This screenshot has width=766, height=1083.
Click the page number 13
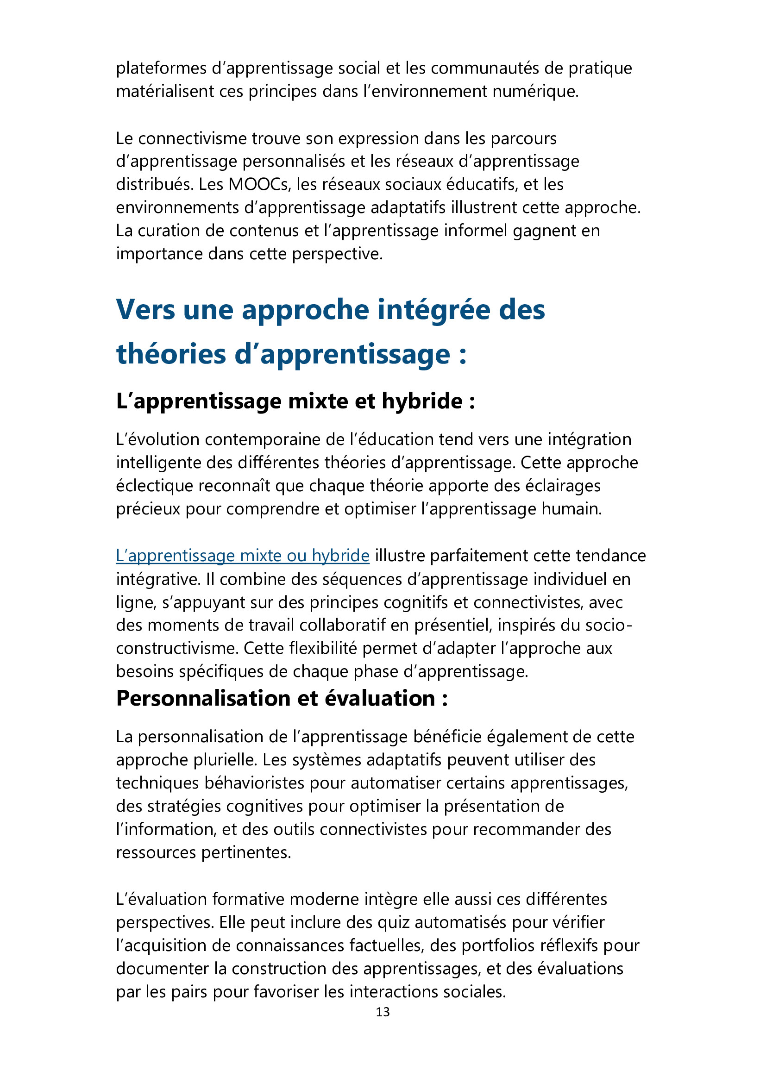383,1012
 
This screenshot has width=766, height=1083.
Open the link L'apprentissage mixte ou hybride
242,556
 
